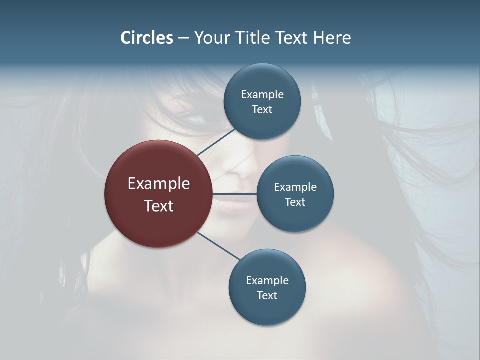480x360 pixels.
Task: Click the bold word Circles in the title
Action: pos(147,38)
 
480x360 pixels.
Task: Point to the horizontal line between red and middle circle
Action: pos(235,194)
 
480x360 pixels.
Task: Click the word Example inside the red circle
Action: pos(159,184)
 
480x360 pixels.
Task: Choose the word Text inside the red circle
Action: pos(159,206)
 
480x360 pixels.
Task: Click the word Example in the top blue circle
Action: pos(262,95)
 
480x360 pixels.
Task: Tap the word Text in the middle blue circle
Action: pos(295,202)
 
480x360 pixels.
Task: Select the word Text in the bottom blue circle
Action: pos(267,295)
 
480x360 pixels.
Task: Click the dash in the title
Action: pos(183,38)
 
